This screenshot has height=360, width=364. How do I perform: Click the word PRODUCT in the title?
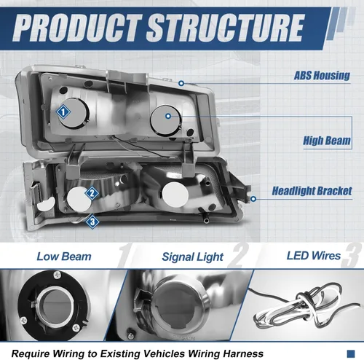(76, 28)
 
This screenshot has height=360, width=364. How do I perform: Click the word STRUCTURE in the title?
(226, 28)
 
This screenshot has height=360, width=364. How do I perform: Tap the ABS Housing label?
(322, 75)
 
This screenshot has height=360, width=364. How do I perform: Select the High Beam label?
(327, 141)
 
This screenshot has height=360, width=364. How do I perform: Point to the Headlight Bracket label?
(312, 191)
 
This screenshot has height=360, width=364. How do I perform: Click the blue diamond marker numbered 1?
(63, 112)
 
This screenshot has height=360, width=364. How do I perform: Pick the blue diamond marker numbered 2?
(92, 193)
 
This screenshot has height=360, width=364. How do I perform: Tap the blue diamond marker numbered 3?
(92, 222)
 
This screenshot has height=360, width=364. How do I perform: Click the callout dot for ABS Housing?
(181, 83)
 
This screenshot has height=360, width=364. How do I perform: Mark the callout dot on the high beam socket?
(168, 116)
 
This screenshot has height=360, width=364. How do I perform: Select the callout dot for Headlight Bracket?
(253, 199)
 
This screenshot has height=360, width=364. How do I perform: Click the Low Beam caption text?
(64, 257)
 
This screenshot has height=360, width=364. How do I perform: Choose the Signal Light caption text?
(192, 257)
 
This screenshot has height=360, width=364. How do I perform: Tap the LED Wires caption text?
(314, 256)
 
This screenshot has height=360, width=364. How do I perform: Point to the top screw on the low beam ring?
(57, 275)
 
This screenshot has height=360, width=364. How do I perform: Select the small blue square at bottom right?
(351, 353)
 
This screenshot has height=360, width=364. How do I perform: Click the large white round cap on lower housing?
(175, 195)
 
